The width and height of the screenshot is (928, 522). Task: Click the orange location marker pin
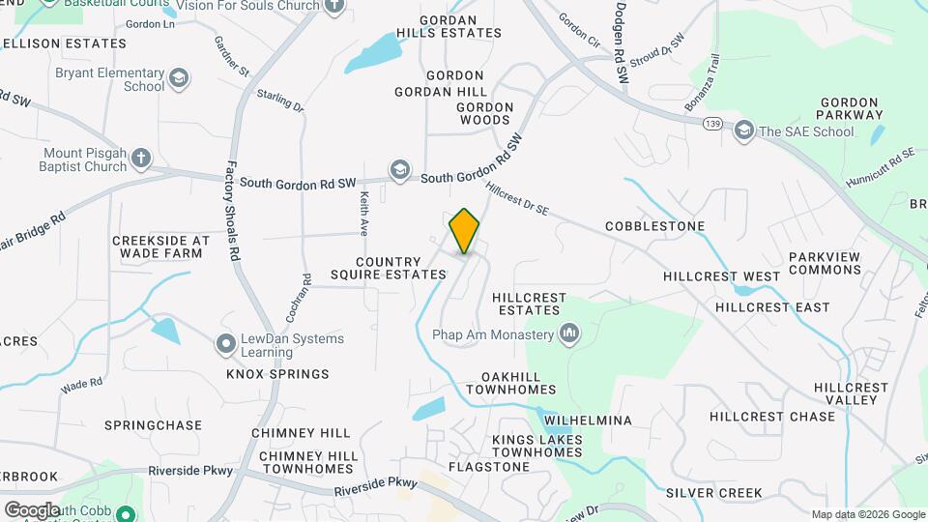[464, 231]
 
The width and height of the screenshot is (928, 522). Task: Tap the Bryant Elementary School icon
[178, 77]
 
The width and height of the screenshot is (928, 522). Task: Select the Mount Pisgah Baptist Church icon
[141, 157]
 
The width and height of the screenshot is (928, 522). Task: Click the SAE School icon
[743, 130]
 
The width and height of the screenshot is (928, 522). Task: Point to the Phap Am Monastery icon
[568, 334]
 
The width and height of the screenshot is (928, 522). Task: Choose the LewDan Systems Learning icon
[226, 342]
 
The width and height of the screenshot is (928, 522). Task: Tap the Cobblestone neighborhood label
[654, 226]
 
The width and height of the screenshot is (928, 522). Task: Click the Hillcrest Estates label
[526, 304]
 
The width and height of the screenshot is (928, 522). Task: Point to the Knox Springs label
[277, 374]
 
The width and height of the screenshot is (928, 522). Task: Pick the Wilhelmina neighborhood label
[588, 420]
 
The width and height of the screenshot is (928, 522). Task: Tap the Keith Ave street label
[364, 214]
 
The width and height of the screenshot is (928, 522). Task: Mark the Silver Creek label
[713, 492]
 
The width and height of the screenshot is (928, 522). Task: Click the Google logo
[32, 509]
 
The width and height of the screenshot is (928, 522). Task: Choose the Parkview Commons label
[825, 263]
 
